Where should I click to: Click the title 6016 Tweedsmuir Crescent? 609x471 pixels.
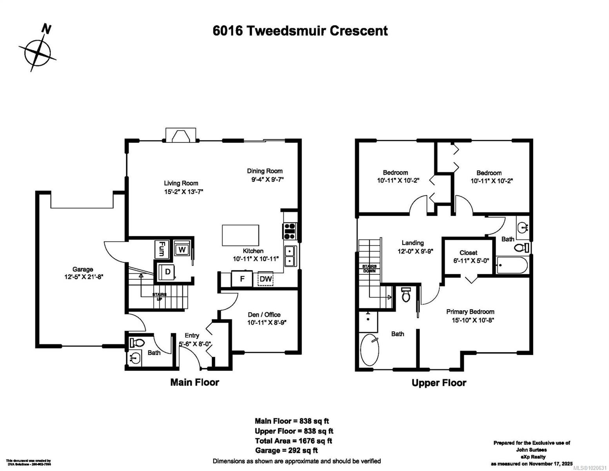click(300, 31)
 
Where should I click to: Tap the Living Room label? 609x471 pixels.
click(181, 183)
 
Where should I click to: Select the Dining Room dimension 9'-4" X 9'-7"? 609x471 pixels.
click(267, 180)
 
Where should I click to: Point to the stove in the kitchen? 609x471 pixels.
click(290, 231)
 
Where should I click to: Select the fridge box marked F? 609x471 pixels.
click(242, 279)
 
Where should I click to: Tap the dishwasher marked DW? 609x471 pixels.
click(265, 279)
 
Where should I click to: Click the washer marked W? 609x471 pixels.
click(182, 249)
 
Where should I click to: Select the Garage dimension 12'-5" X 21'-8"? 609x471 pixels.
click(83, 276)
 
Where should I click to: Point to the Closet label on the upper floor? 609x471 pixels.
click(468, 253)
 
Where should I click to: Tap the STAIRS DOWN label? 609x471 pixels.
click(369, 268)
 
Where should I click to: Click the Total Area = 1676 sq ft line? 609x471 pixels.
click(293, 441)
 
